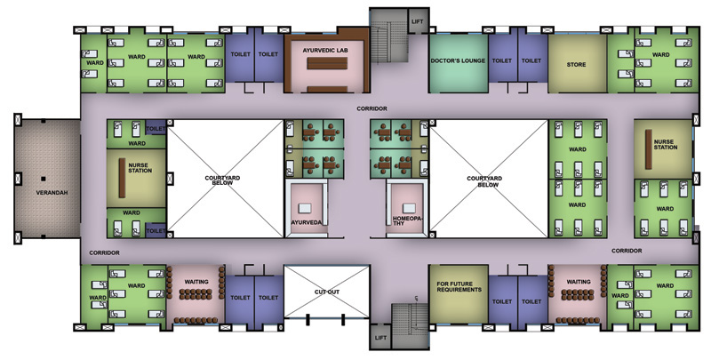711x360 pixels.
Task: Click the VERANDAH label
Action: (52, 193)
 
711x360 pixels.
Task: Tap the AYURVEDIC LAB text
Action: (325, 51)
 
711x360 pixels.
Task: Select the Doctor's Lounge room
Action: (459, 63)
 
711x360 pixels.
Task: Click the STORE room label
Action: (576, 64)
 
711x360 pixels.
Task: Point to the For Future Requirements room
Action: (459, 294)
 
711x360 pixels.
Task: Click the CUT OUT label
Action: (327, 292)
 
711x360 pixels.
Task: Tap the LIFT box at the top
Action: (418, 20)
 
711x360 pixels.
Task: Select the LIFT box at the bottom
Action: (380, 336)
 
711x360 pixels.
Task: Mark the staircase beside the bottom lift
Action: (410, 326)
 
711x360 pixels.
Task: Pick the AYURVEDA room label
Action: (306, 222)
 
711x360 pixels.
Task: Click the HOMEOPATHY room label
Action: (407, 220)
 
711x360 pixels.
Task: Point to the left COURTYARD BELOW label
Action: (222, 180)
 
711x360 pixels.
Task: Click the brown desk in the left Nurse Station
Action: (122, 178)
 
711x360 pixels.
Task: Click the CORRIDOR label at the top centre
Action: (371, 108)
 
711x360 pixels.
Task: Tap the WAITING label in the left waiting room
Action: (196, 282)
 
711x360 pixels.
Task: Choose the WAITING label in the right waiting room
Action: (579, 282)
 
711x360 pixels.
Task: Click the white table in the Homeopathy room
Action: (409, 208)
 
